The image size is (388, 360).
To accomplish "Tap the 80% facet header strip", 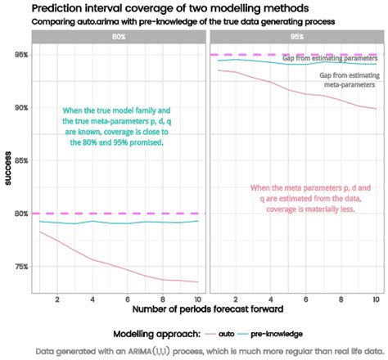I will click(120, 37).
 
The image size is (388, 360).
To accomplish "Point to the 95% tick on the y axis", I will click(20, 55).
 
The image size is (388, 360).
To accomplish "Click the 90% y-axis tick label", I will click(20, 108).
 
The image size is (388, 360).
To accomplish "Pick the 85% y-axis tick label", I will click(20, 160).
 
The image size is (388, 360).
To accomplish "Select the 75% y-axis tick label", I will click(20, 266).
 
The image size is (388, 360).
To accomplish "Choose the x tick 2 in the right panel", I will click(235, 300).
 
